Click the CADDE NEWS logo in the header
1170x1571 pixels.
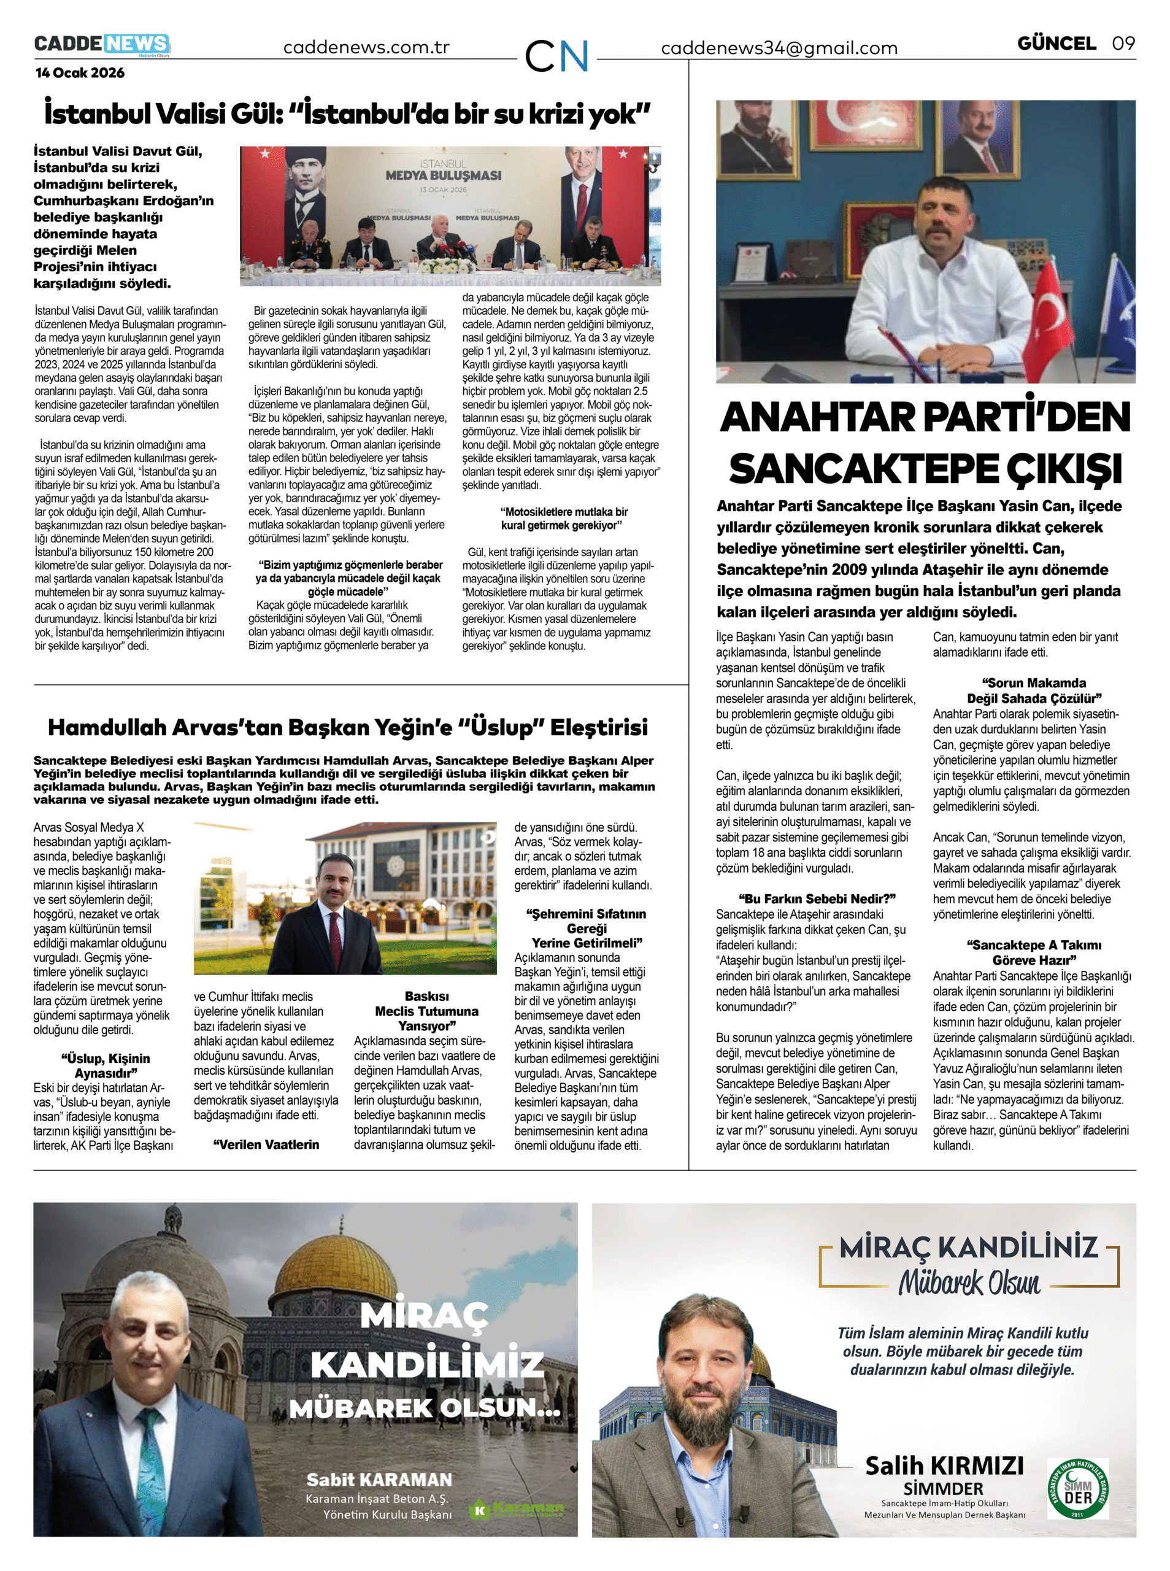pos(102,44)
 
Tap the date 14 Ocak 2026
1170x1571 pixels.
pos(80,72)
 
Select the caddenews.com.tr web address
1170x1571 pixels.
pos(366,47)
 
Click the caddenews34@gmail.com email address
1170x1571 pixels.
pos(779,48)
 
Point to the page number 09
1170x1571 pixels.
pos(1123,43)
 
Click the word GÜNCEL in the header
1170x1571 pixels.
pos(1056,43)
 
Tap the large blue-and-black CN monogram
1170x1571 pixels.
pos(556,55)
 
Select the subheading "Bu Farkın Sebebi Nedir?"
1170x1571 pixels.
pos(817,899)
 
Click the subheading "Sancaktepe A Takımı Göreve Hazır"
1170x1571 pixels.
pos(1033,952)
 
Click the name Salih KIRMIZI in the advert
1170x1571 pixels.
pos(944,1466)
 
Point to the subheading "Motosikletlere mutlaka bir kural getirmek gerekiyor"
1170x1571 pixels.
pos(564,519)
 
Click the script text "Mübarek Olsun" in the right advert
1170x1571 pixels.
pos(969,1283)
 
